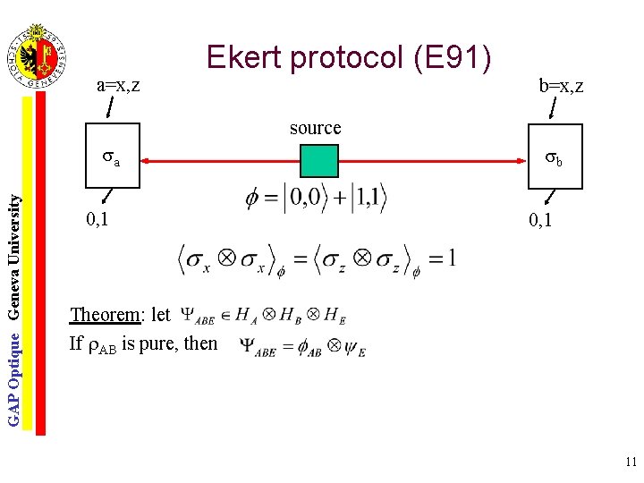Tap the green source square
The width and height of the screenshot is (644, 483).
[x=318, y=160]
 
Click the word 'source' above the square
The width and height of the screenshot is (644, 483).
[x=315, y=128]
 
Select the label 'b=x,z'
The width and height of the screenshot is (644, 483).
[x=561, y=86]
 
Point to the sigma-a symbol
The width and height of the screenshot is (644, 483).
[x=111, y=160]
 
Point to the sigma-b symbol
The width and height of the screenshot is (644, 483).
[x=555, y=160]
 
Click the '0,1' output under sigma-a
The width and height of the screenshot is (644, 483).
[x=97, y=217]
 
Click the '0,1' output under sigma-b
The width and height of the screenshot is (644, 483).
[x=546, y=219]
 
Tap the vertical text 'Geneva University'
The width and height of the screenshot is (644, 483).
[x=14, y=255]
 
